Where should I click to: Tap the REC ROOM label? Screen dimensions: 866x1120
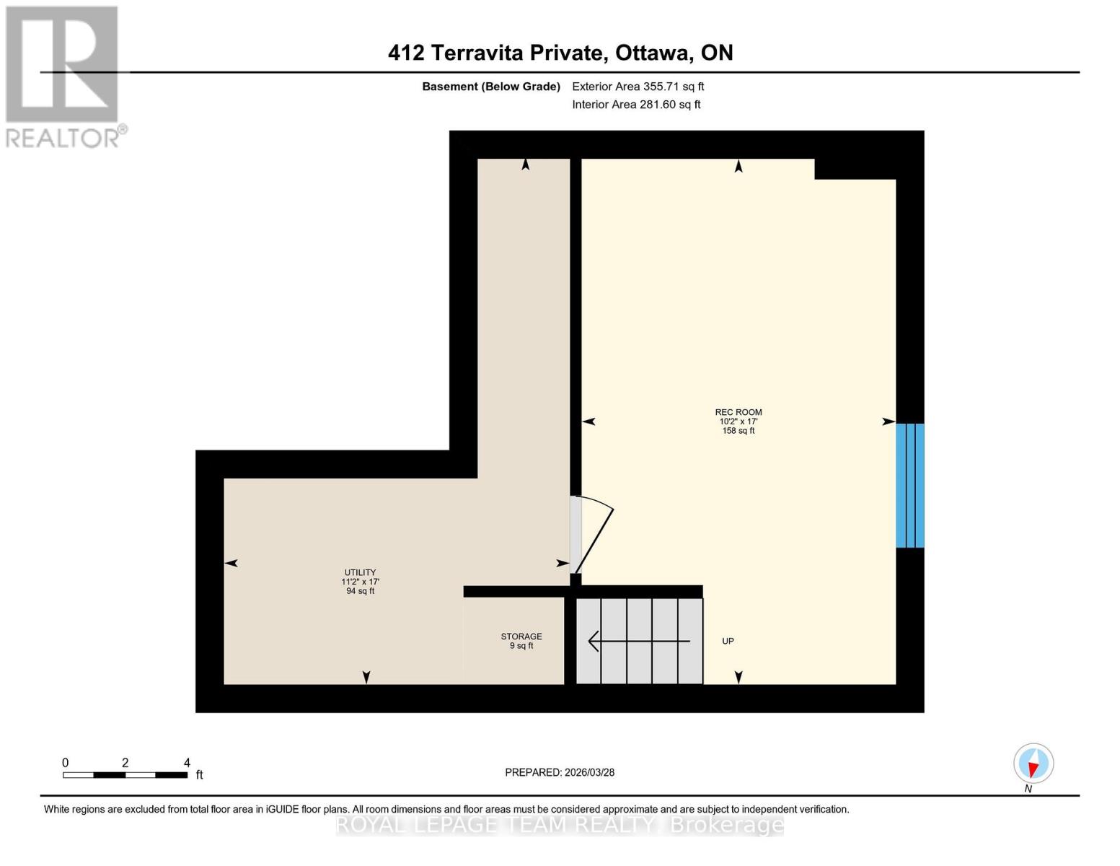coord(738,412)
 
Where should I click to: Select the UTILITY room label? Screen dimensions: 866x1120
coord(360,572)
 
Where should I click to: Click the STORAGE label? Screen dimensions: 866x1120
coord(521,637)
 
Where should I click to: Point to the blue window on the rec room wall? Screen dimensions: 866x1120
coord(909,485)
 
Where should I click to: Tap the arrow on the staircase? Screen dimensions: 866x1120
coord(638,641)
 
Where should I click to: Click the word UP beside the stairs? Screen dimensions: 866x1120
coord(728,641)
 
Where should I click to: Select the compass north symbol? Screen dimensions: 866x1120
coord(1033,764)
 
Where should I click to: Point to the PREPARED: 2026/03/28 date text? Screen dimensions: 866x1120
coord(560,772)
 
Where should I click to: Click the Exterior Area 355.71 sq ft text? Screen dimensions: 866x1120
coord(638,87)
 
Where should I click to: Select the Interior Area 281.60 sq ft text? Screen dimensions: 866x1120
coord(636,105)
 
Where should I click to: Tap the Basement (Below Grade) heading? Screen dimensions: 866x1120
coord(491,87)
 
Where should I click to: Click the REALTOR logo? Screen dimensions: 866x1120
coord(63,76)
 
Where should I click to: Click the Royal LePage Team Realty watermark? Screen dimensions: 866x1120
coord(560,825)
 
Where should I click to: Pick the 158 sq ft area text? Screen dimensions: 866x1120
coord(738,431)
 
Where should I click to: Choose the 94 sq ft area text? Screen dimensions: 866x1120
coord(360,591)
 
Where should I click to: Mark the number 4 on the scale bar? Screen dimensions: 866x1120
coord(187,763)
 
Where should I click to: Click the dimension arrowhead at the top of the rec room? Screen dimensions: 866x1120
coord(738,167)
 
